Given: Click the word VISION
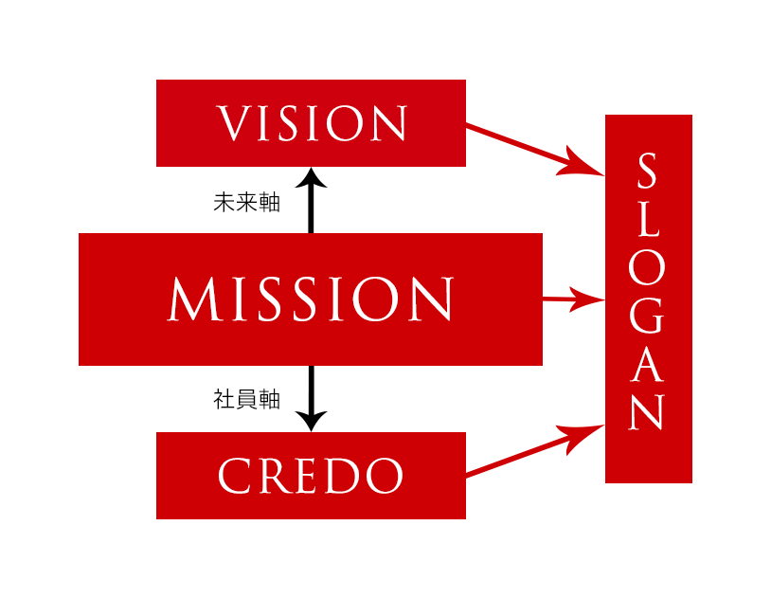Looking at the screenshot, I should (312, 124).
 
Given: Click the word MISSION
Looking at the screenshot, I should (311, 299).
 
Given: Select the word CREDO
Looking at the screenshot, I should (311, 476).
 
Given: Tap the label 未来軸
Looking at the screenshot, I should (246, 203).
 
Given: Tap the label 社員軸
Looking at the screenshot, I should (246, 400).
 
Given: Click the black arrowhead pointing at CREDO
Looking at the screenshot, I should (311, 421).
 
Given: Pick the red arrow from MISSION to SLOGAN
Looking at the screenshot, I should (572, 300).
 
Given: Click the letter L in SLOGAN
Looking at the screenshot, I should (648, 219).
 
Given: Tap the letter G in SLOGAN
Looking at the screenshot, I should (648, 317).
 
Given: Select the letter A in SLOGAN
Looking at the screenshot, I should (648, 365).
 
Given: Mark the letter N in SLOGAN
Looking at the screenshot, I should (648, 412).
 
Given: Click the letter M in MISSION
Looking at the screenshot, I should (195, 299).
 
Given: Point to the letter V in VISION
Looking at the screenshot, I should (232, 124).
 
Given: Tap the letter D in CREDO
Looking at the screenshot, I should (347, 476).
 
